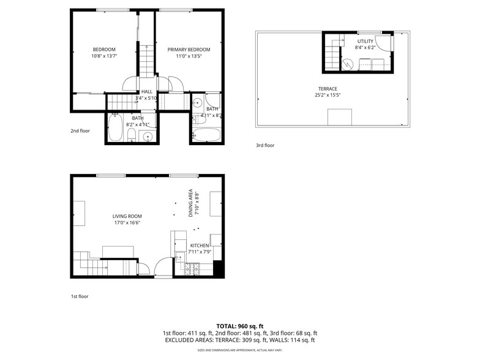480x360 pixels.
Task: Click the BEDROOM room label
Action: point(104,50)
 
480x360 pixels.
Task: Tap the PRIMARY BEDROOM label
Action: point(189,50)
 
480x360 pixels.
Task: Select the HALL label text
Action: point(147,91)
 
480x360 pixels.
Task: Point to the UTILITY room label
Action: point(365,41)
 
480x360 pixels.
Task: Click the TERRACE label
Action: point(328,89)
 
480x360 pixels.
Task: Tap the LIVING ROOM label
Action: point(127,216)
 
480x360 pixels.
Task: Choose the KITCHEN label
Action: point(200,246)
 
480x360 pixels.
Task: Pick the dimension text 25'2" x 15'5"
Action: point(328,95)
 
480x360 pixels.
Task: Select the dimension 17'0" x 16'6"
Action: point(127,223)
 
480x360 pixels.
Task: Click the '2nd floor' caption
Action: point(80,130)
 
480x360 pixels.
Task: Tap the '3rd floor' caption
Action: point(265,145)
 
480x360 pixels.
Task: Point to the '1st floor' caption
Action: point(80,296)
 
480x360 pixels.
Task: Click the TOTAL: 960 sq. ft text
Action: point(240,326)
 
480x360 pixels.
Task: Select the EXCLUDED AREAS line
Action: point(240,340)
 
